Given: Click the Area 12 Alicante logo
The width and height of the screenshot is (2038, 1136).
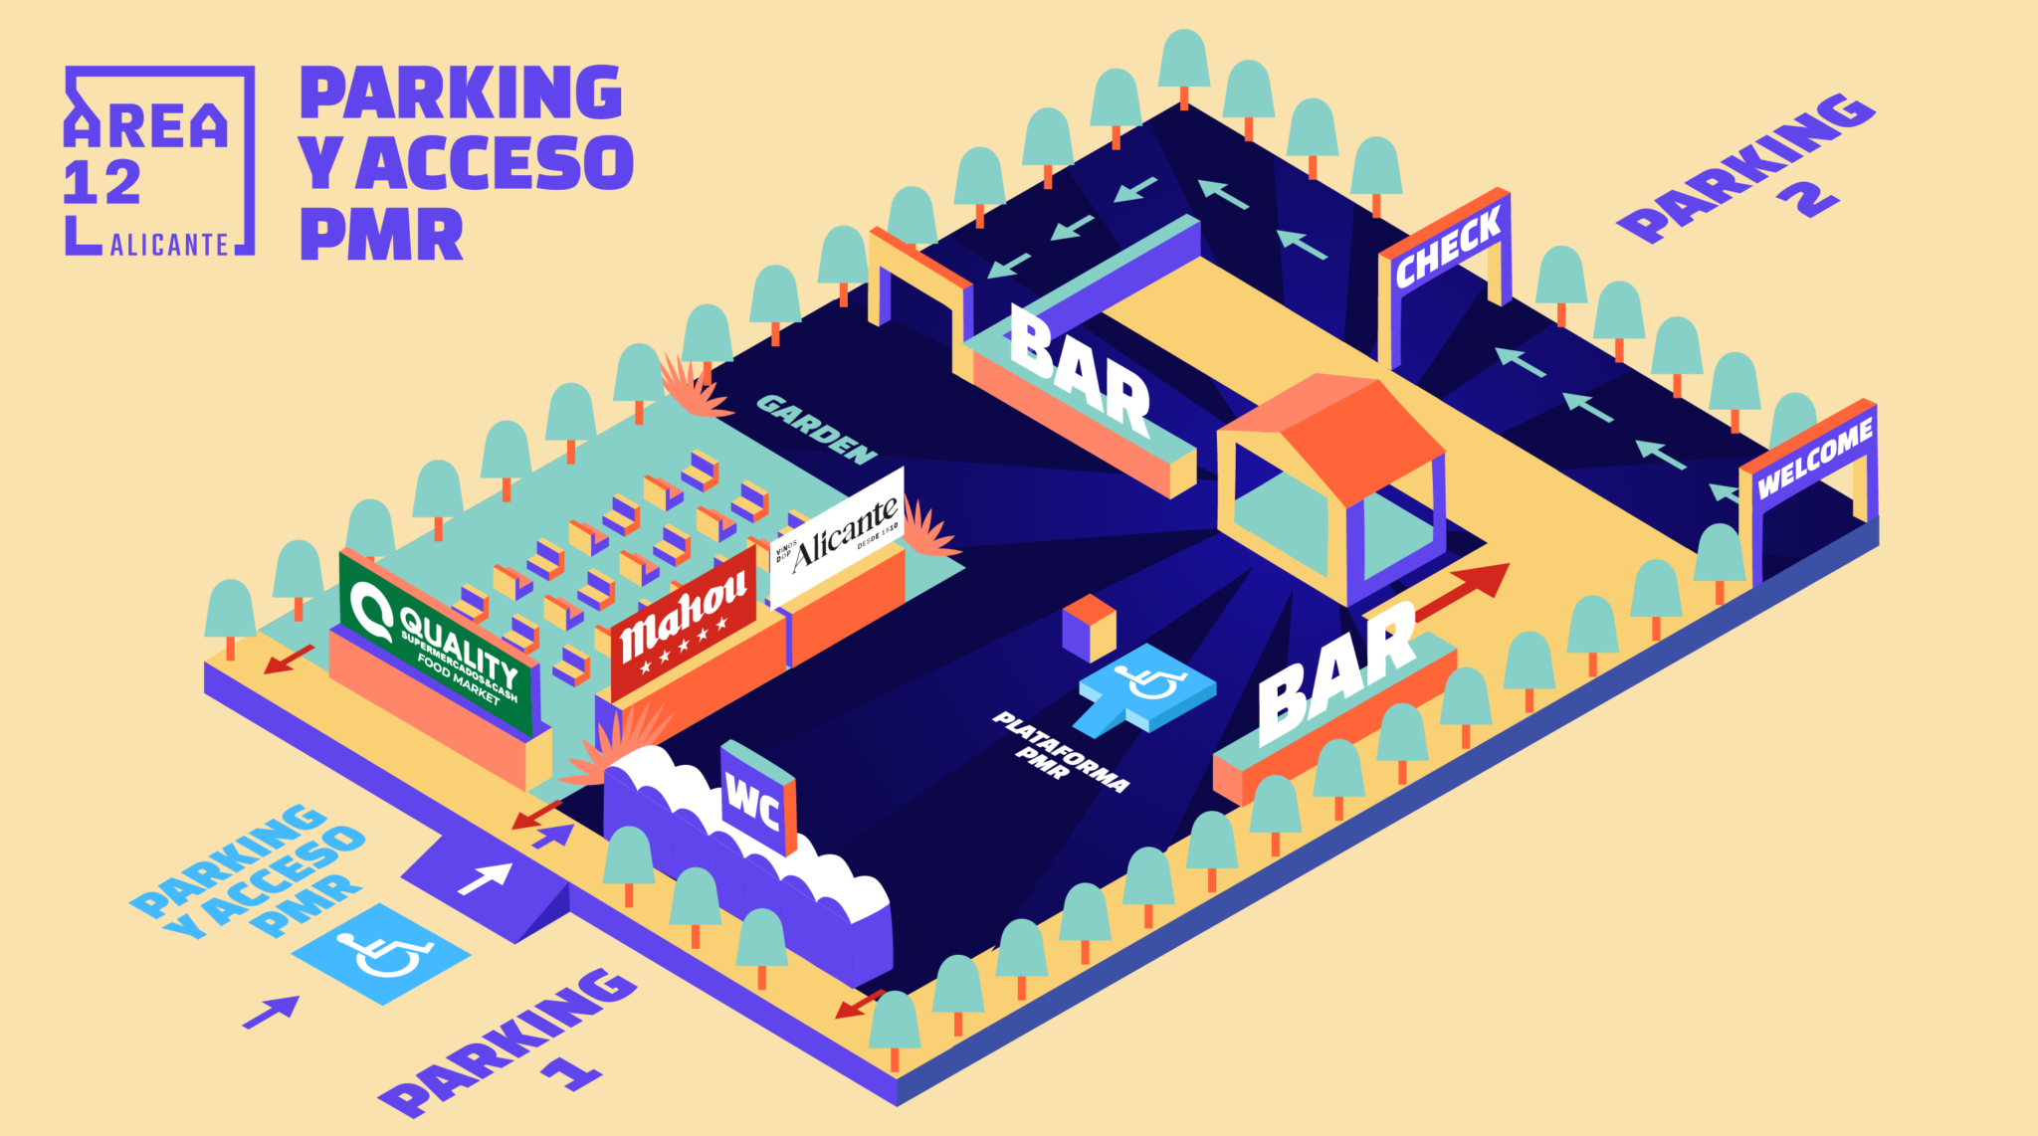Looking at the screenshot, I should tap(159, 161).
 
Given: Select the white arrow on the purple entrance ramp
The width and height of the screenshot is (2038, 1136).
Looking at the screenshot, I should tap(486, 878).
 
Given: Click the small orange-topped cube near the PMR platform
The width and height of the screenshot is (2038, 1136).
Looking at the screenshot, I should tap(1089, 627).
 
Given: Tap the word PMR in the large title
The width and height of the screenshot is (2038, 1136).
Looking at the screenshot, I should tap(382, 235).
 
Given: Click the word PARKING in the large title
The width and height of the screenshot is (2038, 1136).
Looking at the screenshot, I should tap(462, 94).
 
